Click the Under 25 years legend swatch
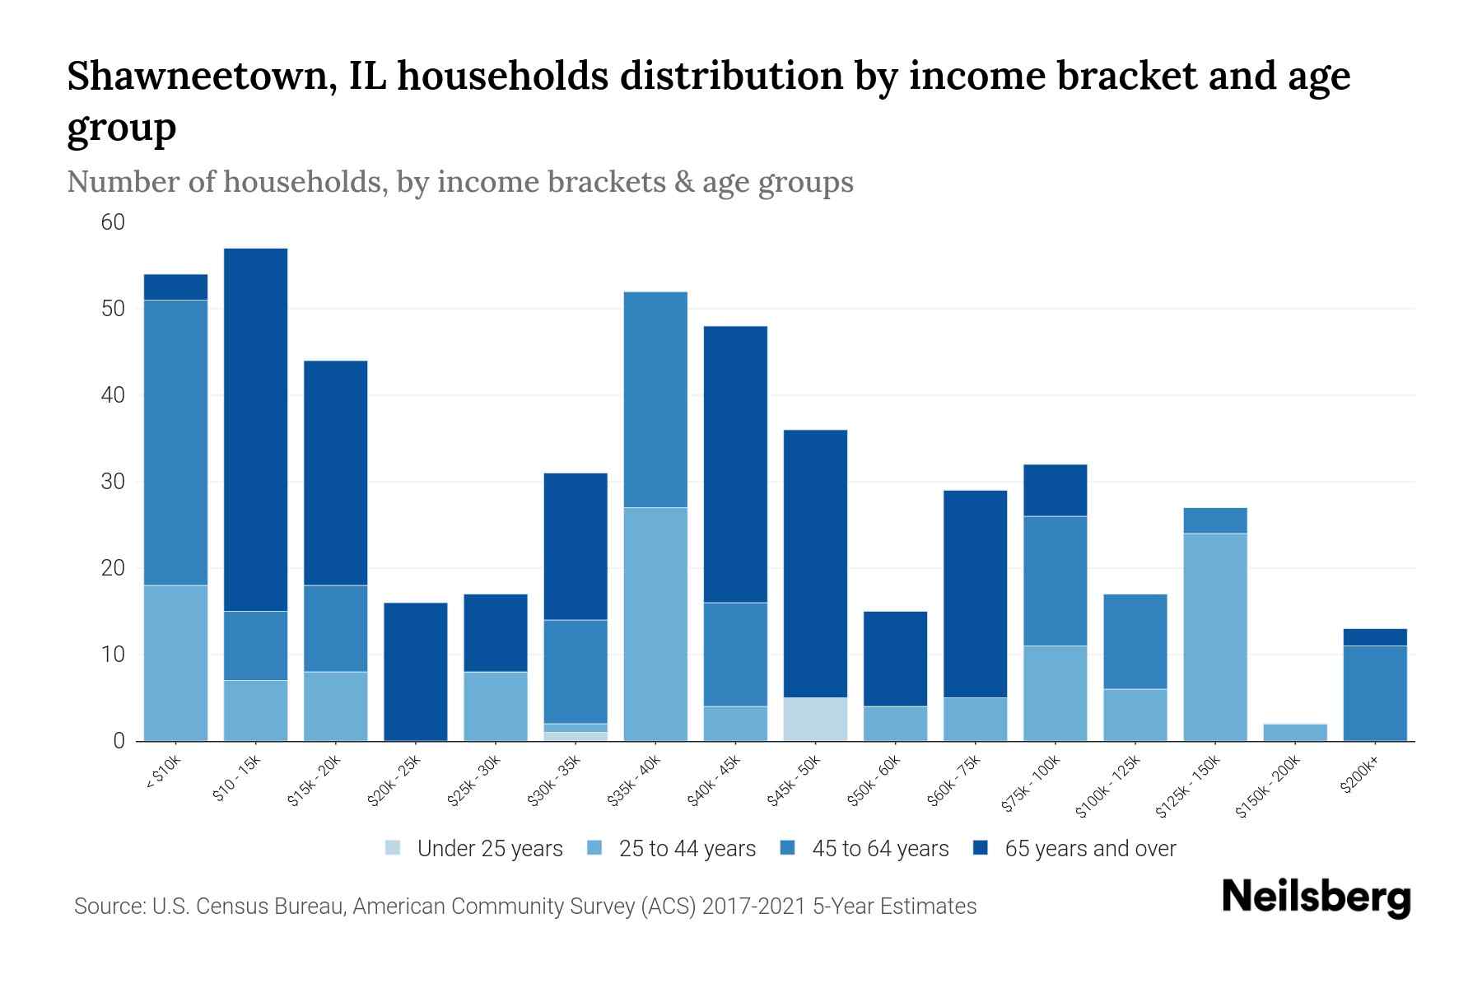(x=394, y=847)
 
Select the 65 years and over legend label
(x=1090, y=849)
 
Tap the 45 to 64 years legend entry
(x=879, y=849)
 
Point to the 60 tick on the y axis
(x=113, y=222)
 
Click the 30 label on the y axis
(x=113, y=482)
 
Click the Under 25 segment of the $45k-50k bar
(x=816, y=720)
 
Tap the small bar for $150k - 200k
(x=1295, y=733)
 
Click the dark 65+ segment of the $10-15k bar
(x=256, y=428)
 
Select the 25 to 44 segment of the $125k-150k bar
(x=1215, y=637)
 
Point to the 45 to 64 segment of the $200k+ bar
(x=1375, y=693)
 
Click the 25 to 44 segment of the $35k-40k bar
(x=656, y=624)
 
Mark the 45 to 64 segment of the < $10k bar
(x=176, y=442)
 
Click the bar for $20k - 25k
(x=416, y=671)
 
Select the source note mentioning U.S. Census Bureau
(x=525, y=906)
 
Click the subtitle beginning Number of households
(x=459, y=182)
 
